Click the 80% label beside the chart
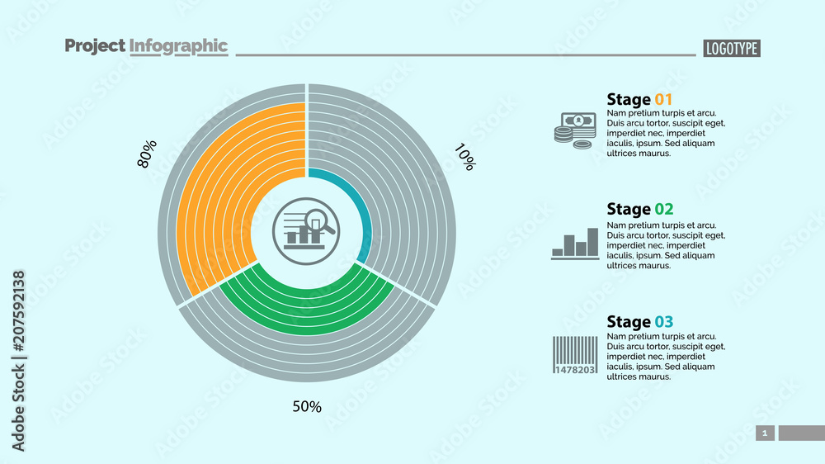click(147, 154)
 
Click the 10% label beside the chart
click(464, 157)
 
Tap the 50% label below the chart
click(307, 406)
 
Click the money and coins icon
click(575, 130)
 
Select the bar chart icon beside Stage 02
click(575, 244)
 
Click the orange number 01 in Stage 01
click(663, 100)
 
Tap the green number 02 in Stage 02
click(664, 209)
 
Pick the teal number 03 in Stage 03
click(664, 322)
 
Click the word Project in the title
click(95, 46)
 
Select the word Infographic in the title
click(178, 46)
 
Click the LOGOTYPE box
click(732, 49)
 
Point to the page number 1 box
click(765, 433)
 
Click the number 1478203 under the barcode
click(575, 369)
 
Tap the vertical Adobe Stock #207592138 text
click(18, 360)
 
